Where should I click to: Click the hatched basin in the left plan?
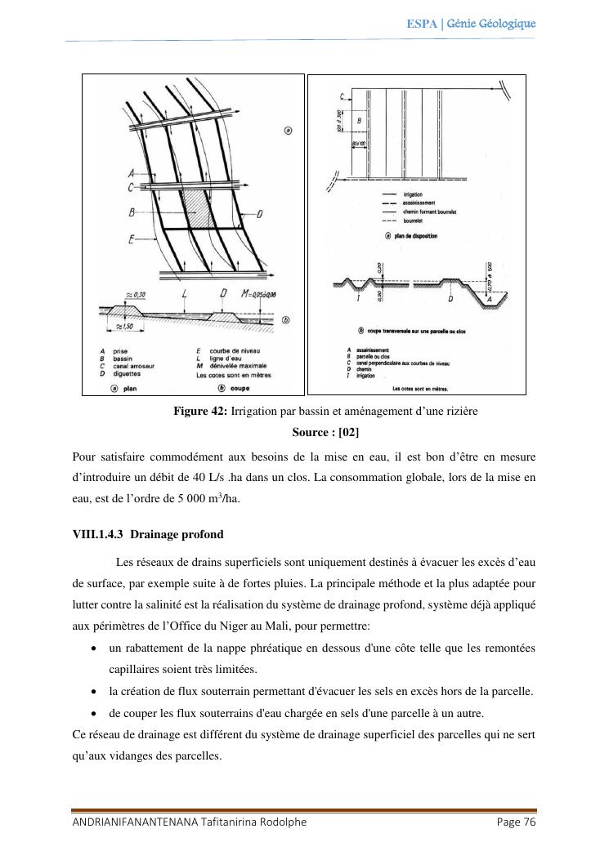pos(199,209)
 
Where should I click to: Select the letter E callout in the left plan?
pos(131,239)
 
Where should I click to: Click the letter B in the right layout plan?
pos(347,120)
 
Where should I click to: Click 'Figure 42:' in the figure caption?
pos(200,412)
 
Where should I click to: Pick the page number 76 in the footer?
pos(527,822)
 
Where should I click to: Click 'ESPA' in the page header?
pos(421,23)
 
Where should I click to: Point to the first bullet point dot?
pos(96,648)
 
